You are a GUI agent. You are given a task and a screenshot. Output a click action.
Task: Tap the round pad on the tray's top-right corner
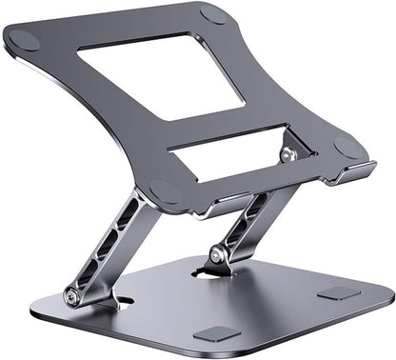(x=213, y=13)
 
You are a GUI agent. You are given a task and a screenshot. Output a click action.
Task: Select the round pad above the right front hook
(x=349, y=147)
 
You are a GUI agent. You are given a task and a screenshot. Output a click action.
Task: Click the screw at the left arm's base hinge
(x=72, y=297)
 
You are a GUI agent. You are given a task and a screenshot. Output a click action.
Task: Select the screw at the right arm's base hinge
(x=218, y=255)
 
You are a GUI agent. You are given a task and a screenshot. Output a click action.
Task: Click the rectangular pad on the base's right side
(x=339, y=293)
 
